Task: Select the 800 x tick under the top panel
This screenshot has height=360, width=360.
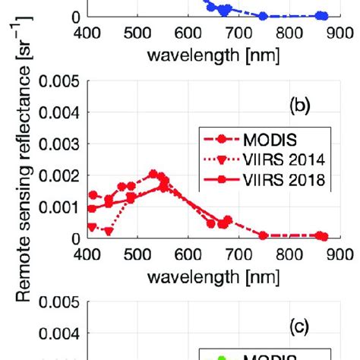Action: coord(289,33)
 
